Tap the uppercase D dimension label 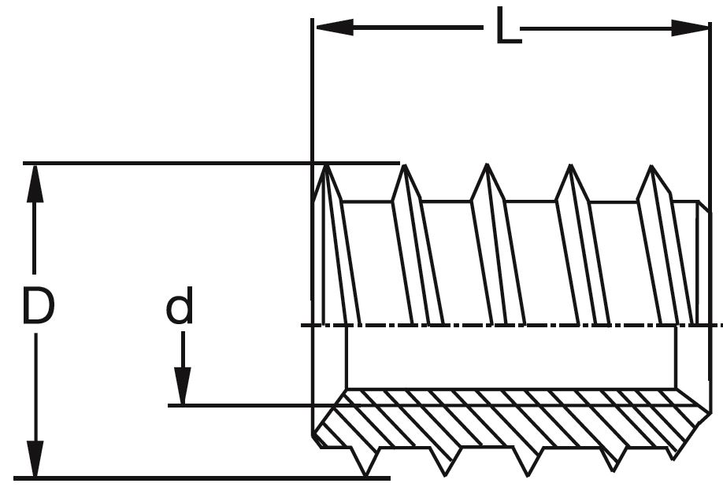pos(37,307)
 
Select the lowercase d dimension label pos(180,308)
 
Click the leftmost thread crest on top pos(327,168)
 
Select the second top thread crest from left pos(403,168)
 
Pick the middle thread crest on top pos(487,168)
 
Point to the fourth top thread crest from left pos(569,168)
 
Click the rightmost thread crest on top pos(651,169)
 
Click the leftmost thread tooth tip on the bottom pos(367,473)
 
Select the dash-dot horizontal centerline pos(512,324)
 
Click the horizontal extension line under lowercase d pos(252,405)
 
